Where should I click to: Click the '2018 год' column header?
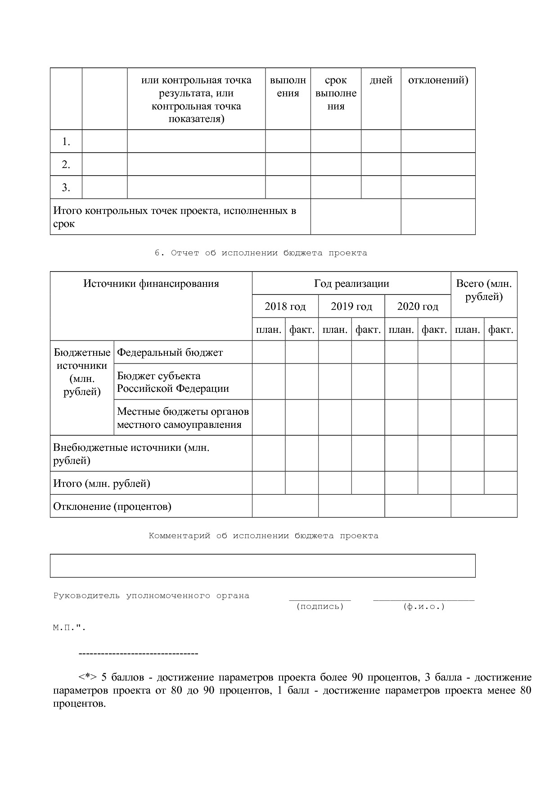coord(285,307)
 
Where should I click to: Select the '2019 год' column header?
coord(351,307)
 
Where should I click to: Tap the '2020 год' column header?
coord(418,307)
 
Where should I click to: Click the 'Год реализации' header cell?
coord(351,284)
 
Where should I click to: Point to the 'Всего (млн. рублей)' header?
coord(484,290)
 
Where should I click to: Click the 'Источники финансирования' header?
coord(151,284)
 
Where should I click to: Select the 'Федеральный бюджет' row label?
coord(170,353)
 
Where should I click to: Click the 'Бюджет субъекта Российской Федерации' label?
coord(173,382)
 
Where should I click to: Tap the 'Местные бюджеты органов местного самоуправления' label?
coord(182,418)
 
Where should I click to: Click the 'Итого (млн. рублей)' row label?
coord(102,484)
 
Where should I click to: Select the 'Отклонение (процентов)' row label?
coord(112,507)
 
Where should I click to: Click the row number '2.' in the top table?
coord(66,165)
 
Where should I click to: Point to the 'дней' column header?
coord(381,81)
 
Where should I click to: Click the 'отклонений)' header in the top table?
coord(438,81)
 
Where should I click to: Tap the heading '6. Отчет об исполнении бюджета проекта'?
coord(261,253)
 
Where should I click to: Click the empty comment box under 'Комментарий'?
coord(262,566)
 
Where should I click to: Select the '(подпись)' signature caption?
coord(320,607)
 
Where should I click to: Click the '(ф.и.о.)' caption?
coord(424,607)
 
